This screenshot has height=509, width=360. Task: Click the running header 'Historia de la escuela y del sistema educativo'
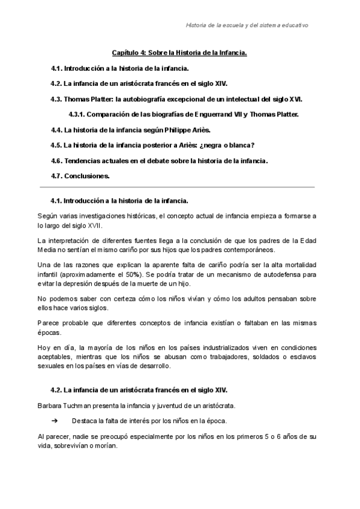tap(248, 26)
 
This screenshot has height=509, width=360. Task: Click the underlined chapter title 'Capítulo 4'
tap(130, 53)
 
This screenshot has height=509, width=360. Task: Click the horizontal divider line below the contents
tap(177, 187)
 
